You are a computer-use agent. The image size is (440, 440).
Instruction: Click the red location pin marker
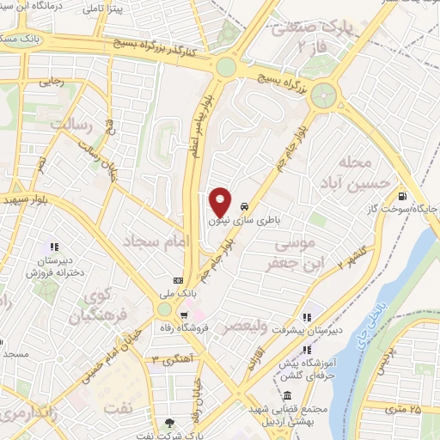(220, 202)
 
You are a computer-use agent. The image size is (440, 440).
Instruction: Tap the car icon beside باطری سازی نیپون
(246, 206)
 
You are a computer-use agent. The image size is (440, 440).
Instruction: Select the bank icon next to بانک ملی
(178, 280)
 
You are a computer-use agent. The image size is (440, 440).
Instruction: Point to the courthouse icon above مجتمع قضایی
(286, 395)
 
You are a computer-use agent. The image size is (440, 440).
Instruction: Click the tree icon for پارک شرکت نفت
(169, 422)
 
